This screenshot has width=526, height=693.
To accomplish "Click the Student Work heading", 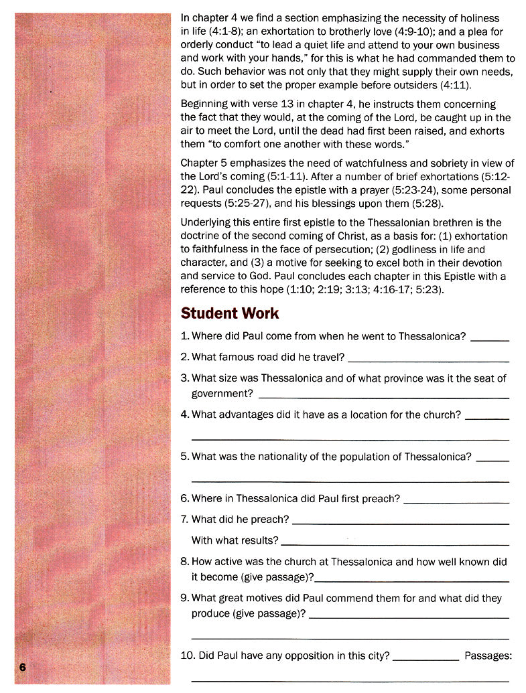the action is tap(230, 313).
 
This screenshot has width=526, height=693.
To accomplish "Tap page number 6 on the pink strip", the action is tap(22, 667).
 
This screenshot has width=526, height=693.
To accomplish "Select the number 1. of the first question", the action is tap(186, 336).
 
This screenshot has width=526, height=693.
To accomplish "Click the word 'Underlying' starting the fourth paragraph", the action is tap(207, 222).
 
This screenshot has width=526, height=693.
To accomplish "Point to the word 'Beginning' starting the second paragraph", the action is tap(206, 104).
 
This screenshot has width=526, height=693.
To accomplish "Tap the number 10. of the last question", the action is tap(188, 656).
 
